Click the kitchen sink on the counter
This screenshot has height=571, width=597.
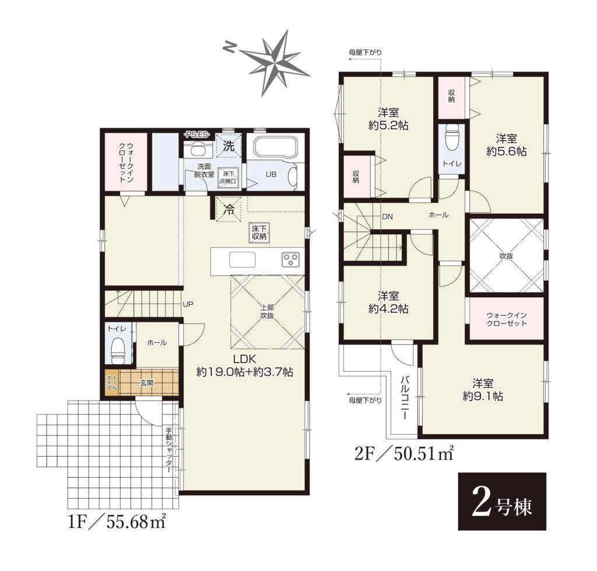point(242,260)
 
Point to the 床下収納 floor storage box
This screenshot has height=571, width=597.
point(259,232)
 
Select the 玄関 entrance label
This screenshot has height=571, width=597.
point(146,383)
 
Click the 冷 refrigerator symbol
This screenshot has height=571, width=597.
point(229,209)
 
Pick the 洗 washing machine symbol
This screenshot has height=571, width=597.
point(229,145)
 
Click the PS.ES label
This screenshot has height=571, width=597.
point(197,134)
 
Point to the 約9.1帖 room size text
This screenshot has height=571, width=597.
point(483,396)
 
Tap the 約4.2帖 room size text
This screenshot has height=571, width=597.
point(388,309)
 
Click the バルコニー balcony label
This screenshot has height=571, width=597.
point(405,397)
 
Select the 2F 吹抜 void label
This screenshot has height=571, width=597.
point(506,256)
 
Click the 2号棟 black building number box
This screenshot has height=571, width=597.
point(502,501)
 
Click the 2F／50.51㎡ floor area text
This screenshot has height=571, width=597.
point(404,453)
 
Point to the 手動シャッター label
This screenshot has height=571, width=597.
point(169,450)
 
